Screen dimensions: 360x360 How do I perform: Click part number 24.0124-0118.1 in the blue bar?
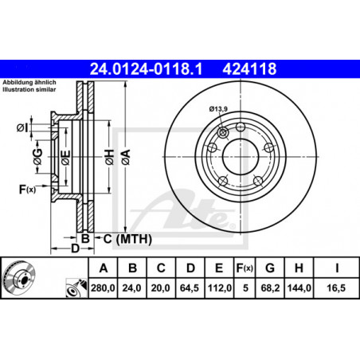tap(146, 68)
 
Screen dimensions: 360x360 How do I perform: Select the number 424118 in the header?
tap(249, 68)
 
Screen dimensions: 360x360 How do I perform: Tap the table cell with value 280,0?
tap(103, 288)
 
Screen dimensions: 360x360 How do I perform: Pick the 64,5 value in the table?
tap(190, 288)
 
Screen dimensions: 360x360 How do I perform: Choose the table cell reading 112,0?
tap(220, 288)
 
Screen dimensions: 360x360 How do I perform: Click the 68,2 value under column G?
tap(270, 288)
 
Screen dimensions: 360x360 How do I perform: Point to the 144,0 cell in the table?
tap(299, 288)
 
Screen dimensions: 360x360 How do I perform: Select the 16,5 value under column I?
tap(336, 288)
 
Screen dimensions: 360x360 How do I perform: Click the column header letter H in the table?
tap(299, 268)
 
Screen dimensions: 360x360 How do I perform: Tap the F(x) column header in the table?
tap(245, 268)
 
